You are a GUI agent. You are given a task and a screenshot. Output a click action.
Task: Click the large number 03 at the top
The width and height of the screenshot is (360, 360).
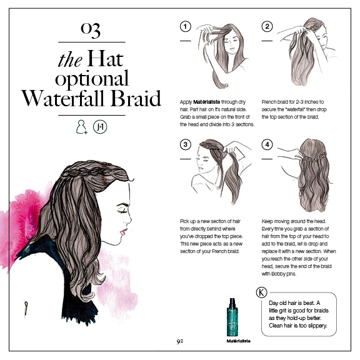click(91, 30)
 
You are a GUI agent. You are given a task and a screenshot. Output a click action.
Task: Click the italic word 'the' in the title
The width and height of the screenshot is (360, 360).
click(70, 59)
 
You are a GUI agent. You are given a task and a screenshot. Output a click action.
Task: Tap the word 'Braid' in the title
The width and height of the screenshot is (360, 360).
click(136, 98)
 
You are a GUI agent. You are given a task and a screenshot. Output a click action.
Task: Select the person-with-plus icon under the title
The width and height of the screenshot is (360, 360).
click(82, 127)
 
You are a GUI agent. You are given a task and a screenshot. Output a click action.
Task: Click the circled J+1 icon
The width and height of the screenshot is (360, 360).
click(100, 127)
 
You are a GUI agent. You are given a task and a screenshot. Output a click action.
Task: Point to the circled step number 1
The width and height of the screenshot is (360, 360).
click(185, 26)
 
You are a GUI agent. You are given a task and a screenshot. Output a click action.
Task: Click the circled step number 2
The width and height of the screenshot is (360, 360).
click(267, 26)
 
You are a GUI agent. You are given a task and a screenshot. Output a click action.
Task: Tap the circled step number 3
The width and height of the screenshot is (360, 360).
click(185, 144)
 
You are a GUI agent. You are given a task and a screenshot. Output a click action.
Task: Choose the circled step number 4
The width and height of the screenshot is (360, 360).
click(267, 144)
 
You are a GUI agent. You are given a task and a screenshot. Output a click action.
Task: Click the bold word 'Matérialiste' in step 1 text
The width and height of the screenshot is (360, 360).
click(207, 102)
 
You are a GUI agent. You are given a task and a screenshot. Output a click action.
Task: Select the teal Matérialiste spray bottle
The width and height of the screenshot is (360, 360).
click(232, 317)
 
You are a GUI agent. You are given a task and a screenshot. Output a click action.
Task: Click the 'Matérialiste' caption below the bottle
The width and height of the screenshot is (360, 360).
click(238, 341)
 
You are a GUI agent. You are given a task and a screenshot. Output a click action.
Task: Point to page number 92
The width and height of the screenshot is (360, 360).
click(180, 341)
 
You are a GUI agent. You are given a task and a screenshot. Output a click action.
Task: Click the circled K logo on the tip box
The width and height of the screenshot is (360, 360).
click(261, 292)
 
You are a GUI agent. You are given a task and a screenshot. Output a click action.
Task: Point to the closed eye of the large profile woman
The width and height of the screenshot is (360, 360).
click(122, 211)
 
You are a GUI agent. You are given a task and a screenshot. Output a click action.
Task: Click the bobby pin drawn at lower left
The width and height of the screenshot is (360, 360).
click(26, 309)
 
